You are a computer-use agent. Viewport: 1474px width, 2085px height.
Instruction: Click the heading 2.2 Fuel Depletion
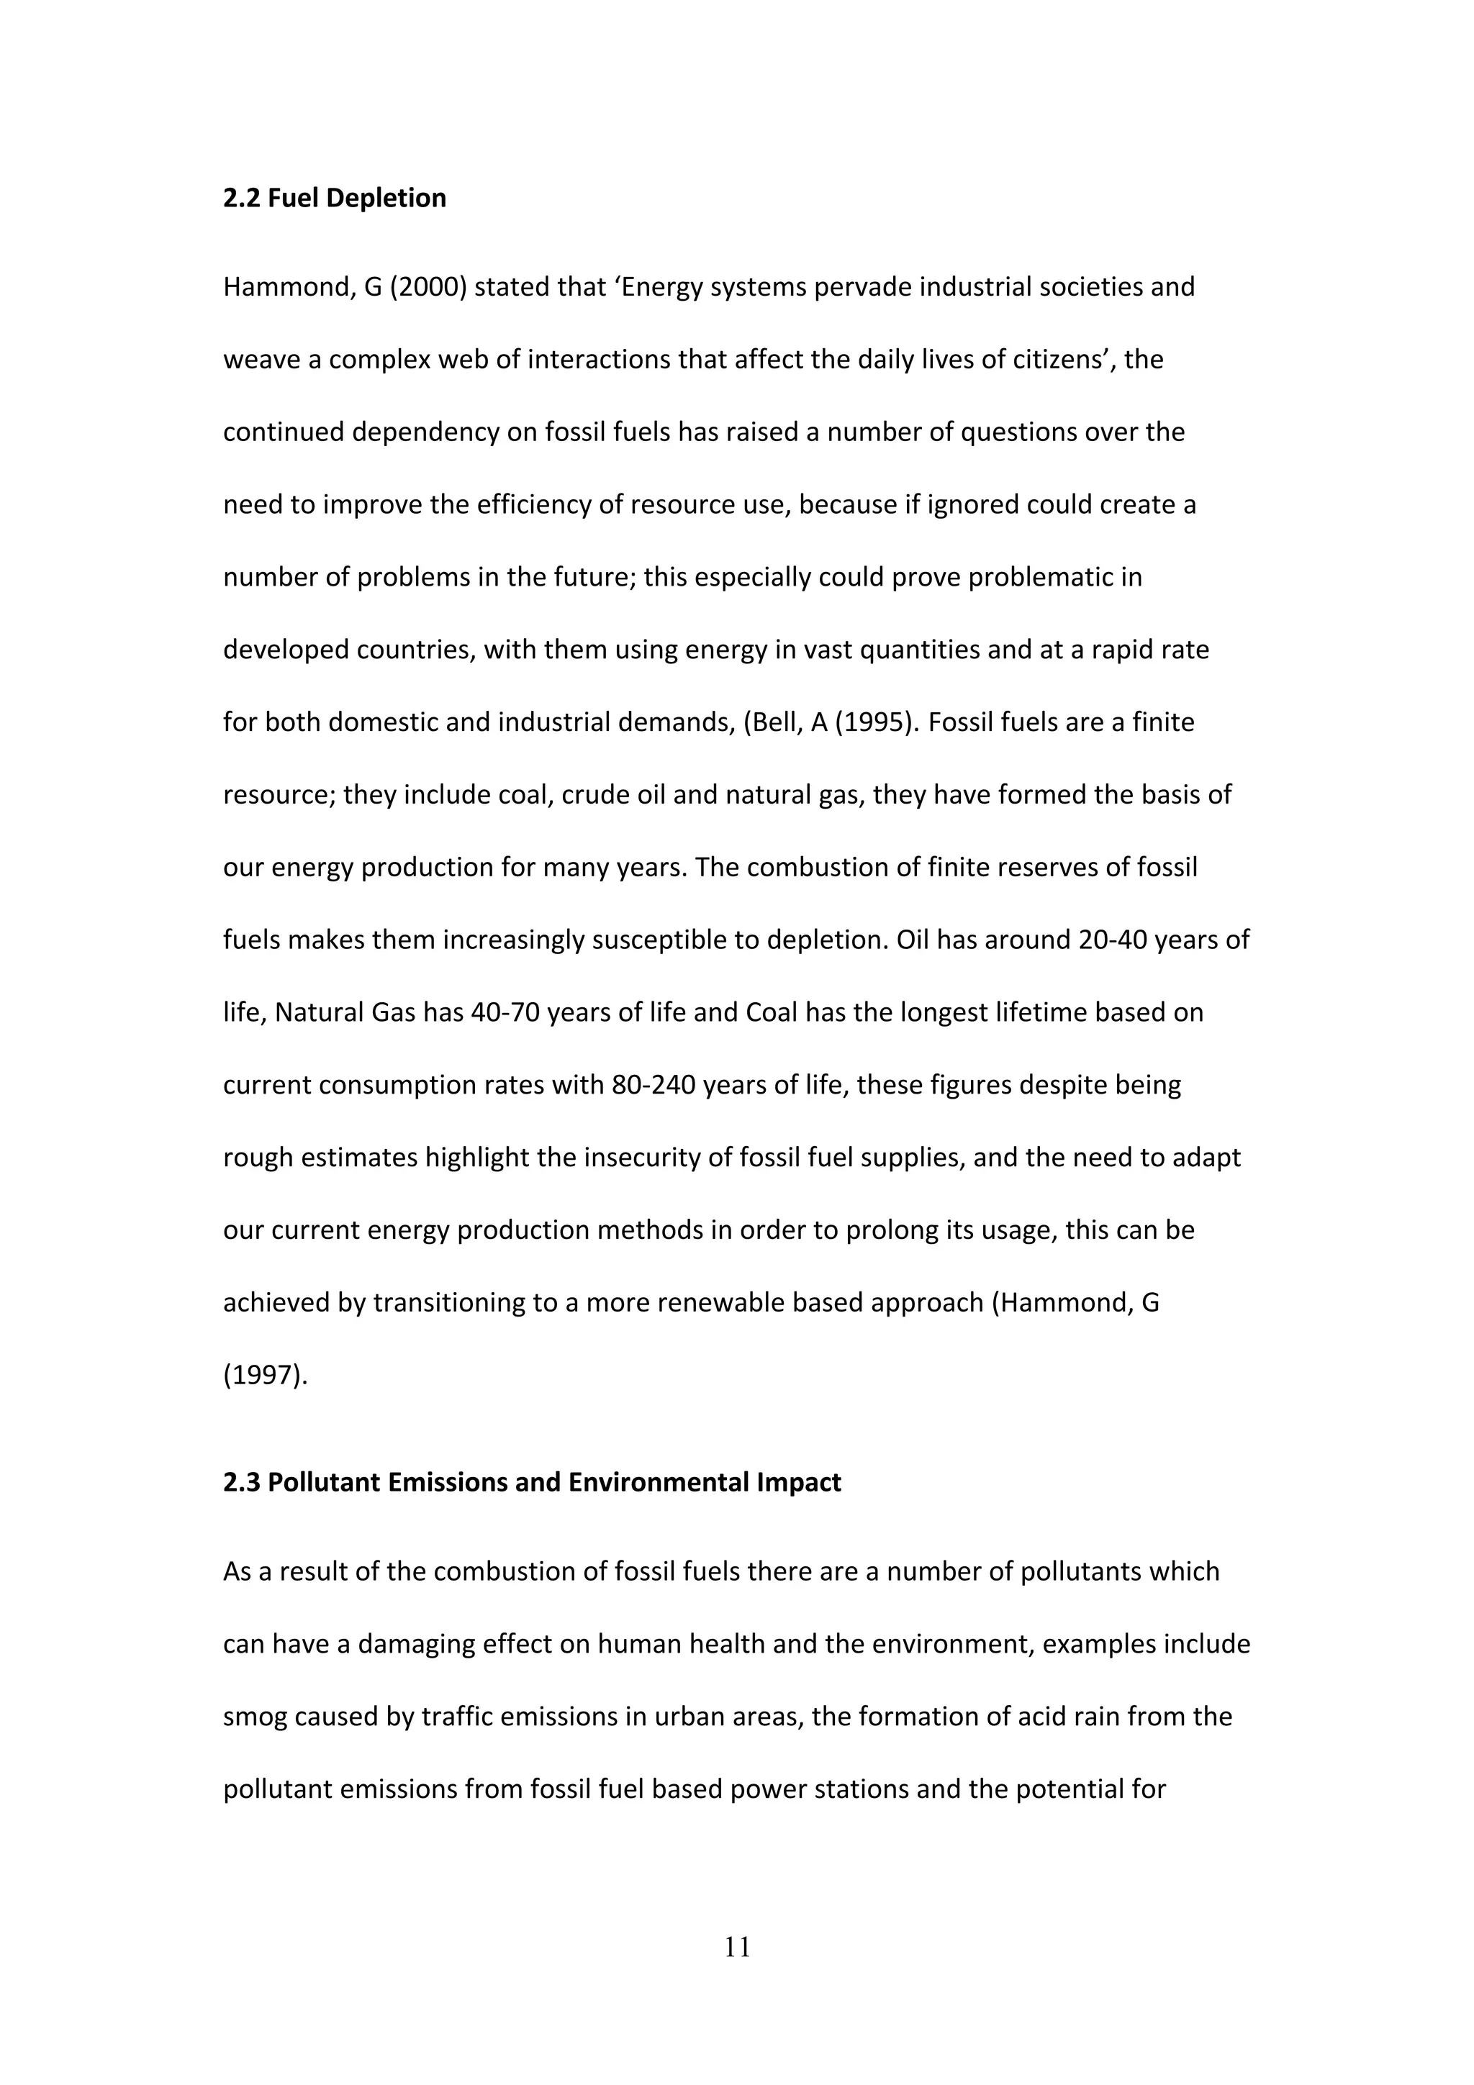pyautogui.click(x=334, y=198)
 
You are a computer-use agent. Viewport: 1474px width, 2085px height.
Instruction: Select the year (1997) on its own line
pyautogui.click(x=264, y=1376)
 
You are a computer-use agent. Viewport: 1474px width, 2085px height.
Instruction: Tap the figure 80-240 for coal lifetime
pyautogui.click(x=653, y=1085)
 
